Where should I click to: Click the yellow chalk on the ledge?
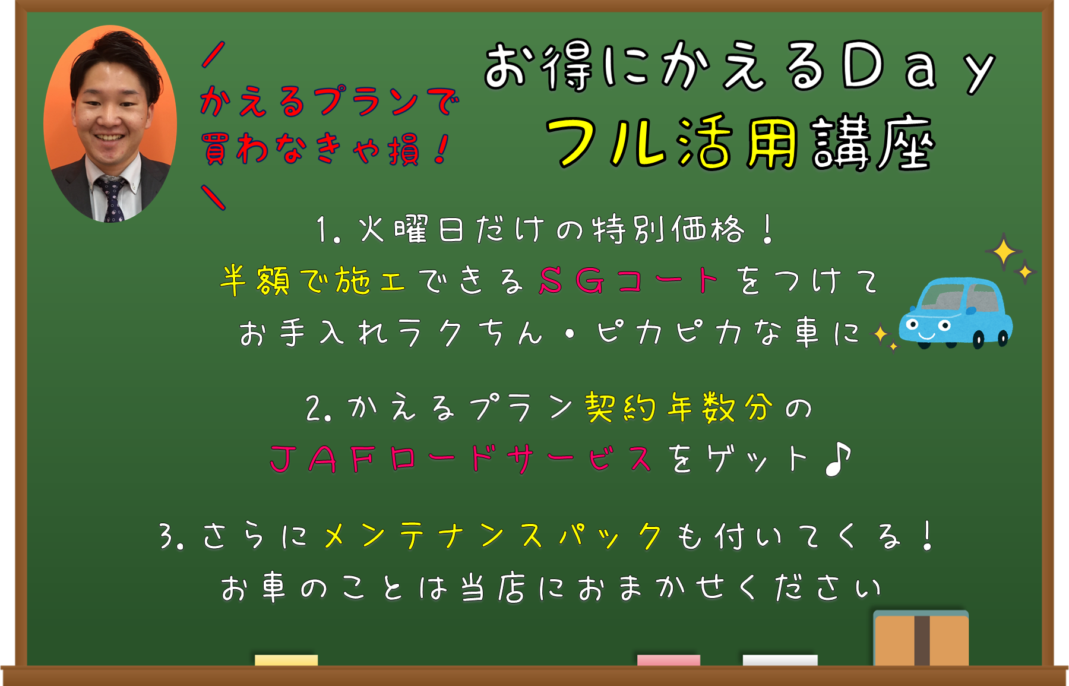(x=286, y=660)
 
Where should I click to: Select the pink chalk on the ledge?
(x=669, y=660)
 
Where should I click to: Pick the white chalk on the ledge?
(x=780, y=660)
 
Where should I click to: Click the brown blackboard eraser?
(x=921, y=638)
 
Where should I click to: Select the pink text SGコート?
(x=629, y=280)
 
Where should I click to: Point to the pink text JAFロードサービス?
(x=461, y=459)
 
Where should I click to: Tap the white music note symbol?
(x=838, y=459)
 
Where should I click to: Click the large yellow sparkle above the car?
(x=1004, y=252)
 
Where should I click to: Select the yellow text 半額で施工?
(x=313, y=280)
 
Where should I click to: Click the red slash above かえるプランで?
(x=213, y=54)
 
